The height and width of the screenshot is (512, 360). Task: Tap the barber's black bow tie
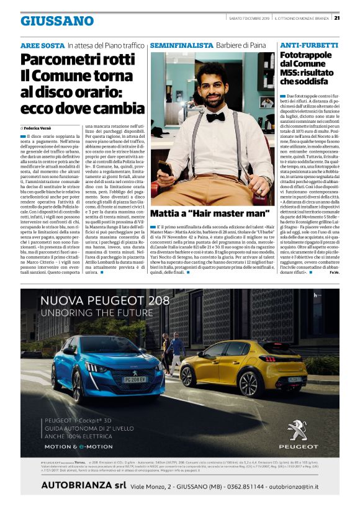pyautogui.click(x=215, y=116)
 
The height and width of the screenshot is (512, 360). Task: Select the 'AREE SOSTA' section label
pyautogui.click(x=42, y=46)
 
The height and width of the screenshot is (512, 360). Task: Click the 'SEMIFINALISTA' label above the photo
pyautogui.click(x=181, y=46)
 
